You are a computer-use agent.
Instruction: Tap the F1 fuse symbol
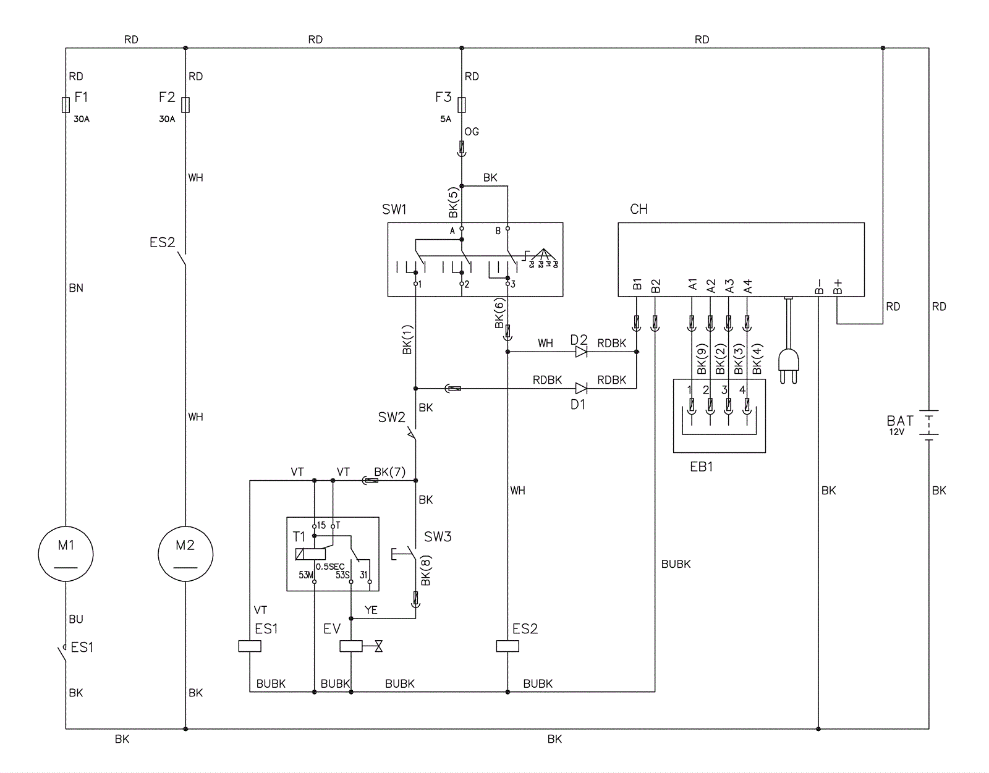pyautogui.click(x=66, y=105)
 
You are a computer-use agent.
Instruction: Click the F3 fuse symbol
pyautogui.click(x=462, y=105)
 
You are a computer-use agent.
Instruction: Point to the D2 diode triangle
pyautogui.click(x=581, y=352)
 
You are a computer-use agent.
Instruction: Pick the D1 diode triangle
pyautogui.click(x=581, y=389)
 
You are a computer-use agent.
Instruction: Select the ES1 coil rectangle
pyautogui.click(x=250, y=646)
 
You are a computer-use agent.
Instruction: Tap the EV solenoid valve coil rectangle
pyautogui.click(x=351, y=646)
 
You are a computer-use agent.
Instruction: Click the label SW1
pyautogui.click(x=394, y=209)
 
